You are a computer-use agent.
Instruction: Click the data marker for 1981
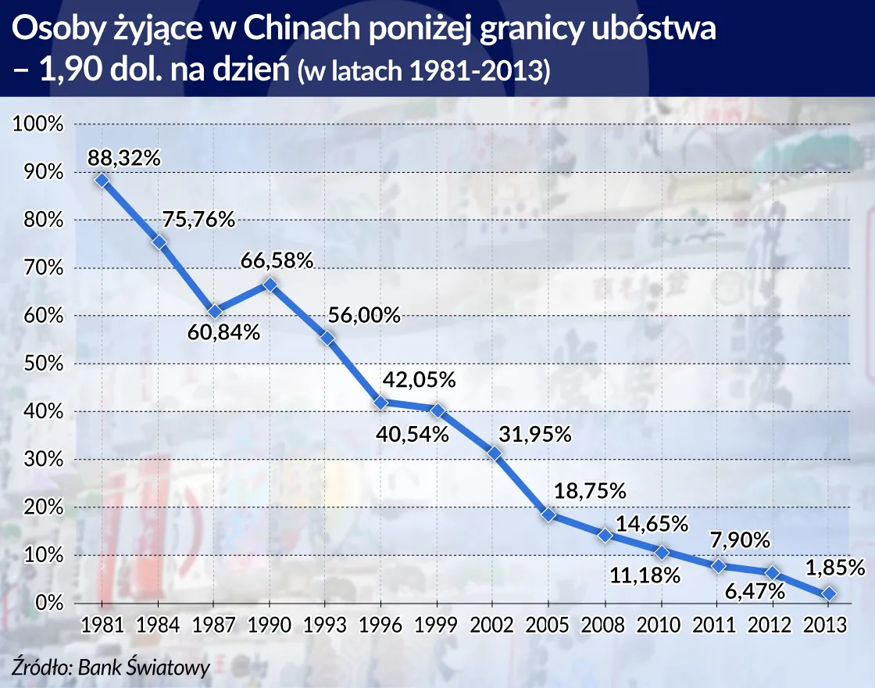102,181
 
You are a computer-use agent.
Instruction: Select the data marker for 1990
270,285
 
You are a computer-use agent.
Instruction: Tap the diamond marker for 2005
549,514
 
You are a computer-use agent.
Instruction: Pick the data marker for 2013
829,594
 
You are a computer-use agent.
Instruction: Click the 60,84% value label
223,332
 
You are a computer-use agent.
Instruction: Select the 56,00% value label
363,315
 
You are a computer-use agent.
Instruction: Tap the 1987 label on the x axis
213,626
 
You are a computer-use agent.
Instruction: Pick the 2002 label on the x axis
493,626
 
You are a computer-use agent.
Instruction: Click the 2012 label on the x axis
773,626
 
